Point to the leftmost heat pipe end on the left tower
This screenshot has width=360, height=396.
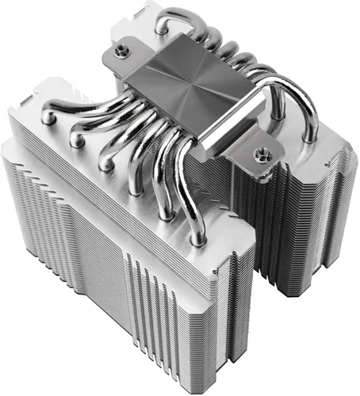click(48, 116)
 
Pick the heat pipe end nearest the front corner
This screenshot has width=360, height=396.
click(198, 234)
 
